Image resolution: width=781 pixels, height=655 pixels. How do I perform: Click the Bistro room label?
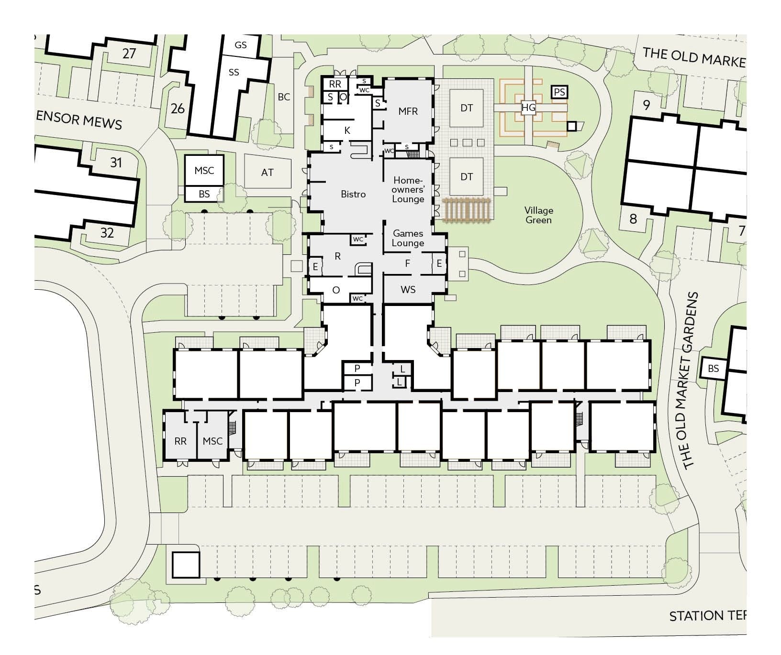[353, 194]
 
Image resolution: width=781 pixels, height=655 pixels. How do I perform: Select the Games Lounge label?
[408, 238]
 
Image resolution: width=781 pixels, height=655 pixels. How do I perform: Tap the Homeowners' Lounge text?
[408, 189]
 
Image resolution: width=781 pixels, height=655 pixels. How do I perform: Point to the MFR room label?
[408, 111]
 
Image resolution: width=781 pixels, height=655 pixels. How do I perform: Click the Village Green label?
[538, 215]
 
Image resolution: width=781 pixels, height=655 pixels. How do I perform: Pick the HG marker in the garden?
[528, 108]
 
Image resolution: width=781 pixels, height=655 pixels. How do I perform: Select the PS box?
[559, 92]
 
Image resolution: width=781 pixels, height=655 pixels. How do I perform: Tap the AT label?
[267, 173]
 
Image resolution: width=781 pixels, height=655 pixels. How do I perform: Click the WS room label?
[408, 290]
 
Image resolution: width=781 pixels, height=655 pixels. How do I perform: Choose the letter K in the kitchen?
[347, 131]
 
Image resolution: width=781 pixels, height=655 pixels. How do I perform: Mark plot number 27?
[129, 54]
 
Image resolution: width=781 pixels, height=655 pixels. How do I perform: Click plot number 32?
[107, 233]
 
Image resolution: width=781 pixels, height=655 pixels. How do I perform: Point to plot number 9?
[647, 105]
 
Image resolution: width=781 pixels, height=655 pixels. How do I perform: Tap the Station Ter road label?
[707, 616]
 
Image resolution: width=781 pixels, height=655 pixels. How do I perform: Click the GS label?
[241, 45]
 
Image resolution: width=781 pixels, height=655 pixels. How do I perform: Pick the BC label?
[284, 97]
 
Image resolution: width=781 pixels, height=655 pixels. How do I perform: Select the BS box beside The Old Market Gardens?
[713, 369]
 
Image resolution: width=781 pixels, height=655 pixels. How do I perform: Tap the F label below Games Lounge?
[408, 263]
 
